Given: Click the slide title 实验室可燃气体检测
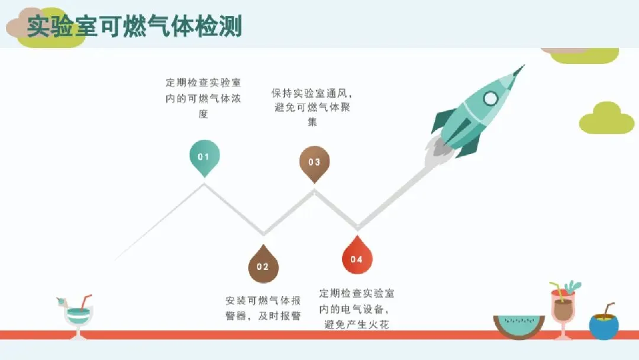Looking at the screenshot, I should (134, 27).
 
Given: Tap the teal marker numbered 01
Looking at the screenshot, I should (204, 157).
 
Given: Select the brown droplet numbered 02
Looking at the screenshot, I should (263, 266).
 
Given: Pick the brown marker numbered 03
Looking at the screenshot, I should (314, 162).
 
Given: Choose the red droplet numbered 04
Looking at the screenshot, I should (357, 259).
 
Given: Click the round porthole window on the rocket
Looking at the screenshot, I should (490, 98).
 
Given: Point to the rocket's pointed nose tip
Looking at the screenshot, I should (524, 66).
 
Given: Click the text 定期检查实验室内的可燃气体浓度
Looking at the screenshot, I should (204, 98).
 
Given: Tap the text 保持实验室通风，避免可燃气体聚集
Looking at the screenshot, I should (312, 107).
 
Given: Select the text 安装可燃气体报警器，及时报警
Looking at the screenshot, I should (263, 308).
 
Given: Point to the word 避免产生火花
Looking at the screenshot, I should (357, 324).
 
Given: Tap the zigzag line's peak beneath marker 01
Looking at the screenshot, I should (205, 184).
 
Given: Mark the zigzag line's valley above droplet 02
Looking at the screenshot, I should (263, 233).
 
